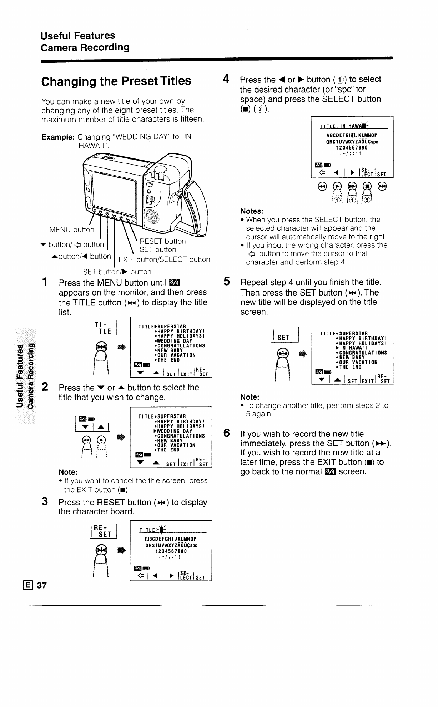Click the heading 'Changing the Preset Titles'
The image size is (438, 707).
116,81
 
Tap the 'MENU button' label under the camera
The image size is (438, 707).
72,229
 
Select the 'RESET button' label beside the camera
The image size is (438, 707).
162,241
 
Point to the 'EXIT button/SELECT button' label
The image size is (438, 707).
165,259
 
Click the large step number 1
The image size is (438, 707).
45,282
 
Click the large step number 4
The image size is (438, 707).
226,79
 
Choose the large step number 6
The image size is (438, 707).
226,433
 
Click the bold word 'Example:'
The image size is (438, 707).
58,137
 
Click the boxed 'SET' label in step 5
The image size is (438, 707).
283,337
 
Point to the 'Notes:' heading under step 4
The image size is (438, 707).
252,211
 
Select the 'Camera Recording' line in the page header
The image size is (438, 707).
85,47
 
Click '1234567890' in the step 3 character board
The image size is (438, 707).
171,551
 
